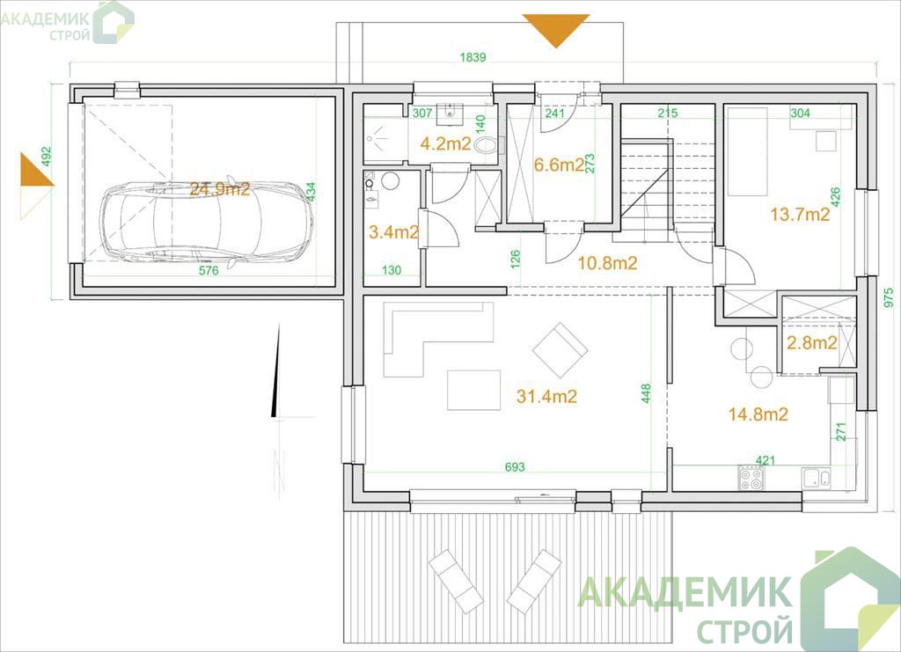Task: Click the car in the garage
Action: [x=207, y=222]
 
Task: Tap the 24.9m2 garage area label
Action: [x=220, y=188]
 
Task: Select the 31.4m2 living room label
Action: [x=546, y=396]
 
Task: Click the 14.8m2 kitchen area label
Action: [x=758, y=414]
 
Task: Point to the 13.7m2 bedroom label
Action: [x=800, y=215]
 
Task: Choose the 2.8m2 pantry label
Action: [x=811, y=343]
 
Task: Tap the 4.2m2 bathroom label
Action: [x=445, y=143]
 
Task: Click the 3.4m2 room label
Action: [x=393, y=232]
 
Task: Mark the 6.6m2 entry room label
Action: [x=559, y=165]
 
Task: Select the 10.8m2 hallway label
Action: [x=607, y=263]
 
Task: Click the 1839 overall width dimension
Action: [x=472, y=57]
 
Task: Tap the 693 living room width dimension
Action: [x=514, y=467]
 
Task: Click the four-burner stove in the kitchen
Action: [x=751, y=478]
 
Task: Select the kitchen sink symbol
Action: [x=817, y=478]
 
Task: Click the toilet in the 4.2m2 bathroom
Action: [x=486, y=145]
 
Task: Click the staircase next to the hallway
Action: [x=667, y=186]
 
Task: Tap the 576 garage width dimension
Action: [x=209, y=270]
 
